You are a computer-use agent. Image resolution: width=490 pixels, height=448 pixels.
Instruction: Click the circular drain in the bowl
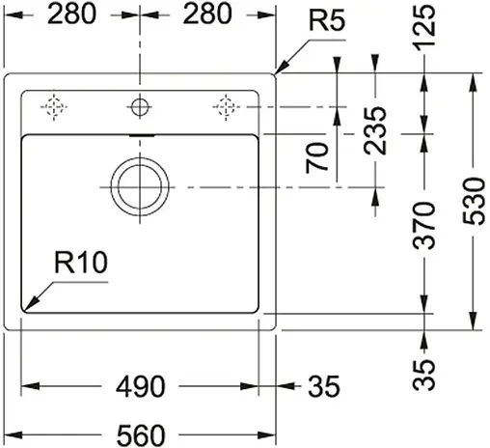138,185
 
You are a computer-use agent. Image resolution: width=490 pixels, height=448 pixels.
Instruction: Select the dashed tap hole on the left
55,104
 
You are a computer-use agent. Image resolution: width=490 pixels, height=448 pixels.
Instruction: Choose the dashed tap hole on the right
225,104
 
